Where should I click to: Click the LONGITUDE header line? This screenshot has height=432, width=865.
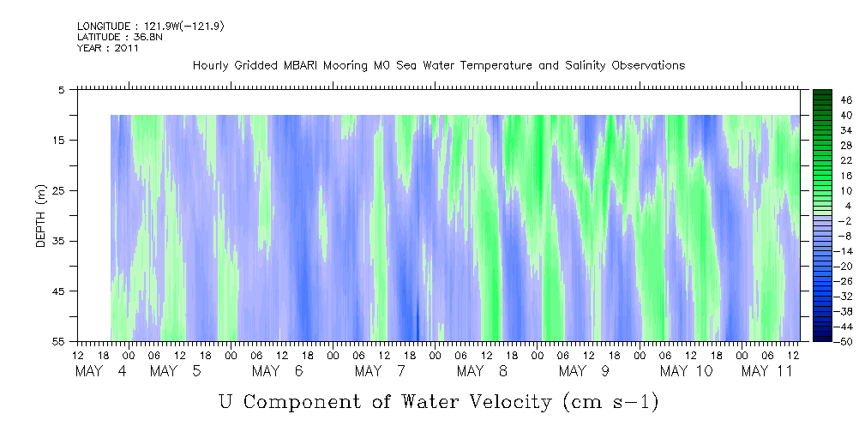(151, 26)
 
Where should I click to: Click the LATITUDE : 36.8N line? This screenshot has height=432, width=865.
(120, 37)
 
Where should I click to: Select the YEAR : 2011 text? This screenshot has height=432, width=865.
(108, 48)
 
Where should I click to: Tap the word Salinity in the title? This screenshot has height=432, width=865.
(585, 66)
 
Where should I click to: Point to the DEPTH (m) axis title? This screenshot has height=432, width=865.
(41, 216)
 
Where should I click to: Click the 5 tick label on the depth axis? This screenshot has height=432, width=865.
(61, 90)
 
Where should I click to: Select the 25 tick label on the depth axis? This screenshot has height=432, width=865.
(57, 191)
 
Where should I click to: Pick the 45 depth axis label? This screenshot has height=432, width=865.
(57, 291)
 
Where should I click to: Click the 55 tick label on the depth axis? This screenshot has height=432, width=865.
(57, 341)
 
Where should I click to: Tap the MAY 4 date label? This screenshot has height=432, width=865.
(101, 371)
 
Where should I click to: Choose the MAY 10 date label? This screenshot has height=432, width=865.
(687, 371)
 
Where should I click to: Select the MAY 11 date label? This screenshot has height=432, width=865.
(766, 371)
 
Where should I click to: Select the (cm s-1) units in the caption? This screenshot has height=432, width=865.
(610, 402)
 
